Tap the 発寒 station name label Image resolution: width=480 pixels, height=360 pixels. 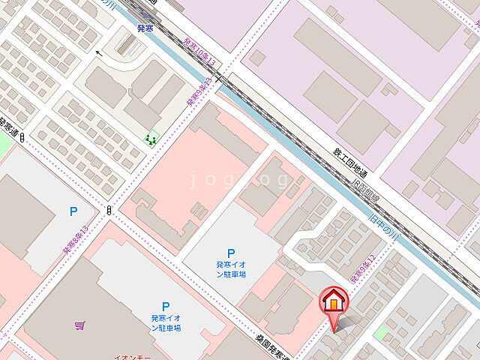(145, 28)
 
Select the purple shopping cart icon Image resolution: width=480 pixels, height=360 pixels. (79, 325)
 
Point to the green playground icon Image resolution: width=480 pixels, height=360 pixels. (152, 139)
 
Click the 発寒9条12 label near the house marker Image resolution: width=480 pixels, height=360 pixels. (362, 268)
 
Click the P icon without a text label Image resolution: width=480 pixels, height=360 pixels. (73, 212)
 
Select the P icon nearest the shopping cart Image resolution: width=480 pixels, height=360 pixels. (166, 306)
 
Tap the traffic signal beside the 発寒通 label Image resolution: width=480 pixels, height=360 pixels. (23, 137)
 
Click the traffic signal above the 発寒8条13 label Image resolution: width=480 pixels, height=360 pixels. (109, 210)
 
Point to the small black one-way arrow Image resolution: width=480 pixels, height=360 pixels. (98, 53)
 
